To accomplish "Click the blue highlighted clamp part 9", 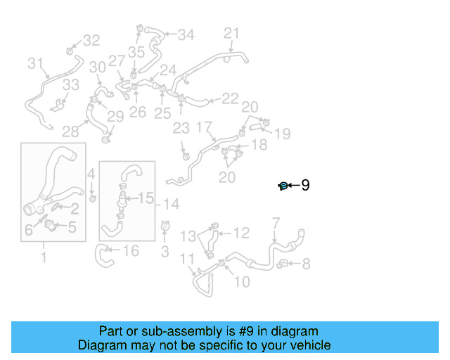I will (x=283, y=186).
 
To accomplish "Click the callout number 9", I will (x=305, y=185).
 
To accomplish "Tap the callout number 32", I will (x=92, y=41).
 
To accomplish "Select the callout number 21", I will (x=232, y=33).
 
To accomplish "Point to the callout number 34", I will (x=186, y=34).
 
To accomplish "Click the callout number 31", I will (x=36, y=64).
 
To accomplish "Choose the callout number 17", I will (x=203, y=128).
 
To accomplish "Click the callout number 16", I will (x=131, y=251).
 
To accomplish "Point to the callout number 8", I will (x=305, y=264).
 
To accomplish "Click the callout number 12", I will (x=241, y=232).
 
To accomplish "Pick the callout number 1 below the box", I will (x=44, y=258).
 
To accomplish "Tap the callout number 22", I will (x=230, y=99).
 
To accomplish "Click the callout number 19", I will (x=282, y=134).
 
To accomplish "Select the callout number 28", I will (x=70, y=131).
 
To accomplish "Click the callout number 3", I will (x=165, y=251).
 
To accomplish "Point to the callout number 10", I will (x=241, y=282).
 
